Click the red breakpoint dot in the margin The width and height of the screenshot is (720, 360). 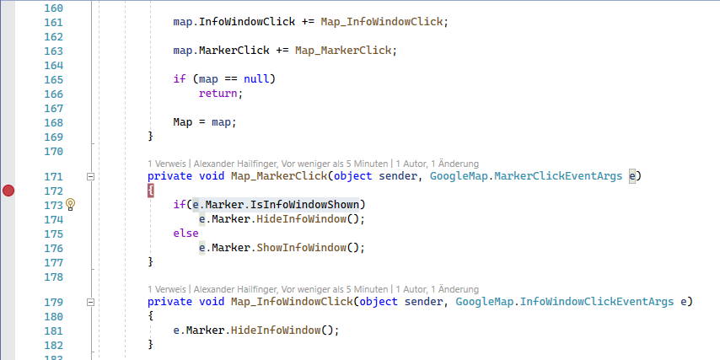coord(8,191)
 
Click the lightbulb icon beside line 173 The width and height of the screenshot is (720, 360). coord(71,205)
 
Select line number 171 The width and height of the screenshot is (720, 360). coord(53,176)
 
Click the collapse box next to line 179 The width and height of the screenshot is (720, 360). coord(91,302)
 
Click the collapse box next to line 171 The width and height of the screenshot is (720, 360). coord(91,176)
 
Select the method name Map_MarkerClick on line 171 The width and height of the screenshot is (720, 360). coord(278,176)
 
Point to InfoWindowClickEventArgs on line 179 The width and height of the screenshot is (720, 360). coord(596,302)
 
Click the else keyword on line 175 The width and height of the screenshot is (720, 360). coord(185,234)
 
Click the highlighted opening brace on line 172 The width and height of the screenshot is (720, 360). coord(151,191)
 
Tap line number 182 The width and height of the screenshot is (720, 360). coord(53,345)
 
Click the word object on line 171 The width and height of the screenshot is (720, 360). coord(355,176)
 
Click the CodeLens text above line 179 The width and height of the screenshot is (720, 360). coord(313,289)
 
